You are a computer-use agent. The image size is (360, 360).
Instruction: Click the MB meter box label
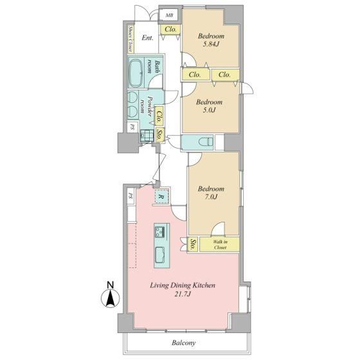tap(170, 15)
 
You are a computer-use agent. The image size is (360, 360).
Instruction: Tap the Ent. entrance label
tap(147, 38)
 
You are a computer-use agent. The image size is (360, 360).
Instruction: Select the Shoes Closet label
tap(130, 39)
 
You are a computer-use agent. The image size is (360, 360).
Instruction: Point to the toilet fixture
tap(206, 141)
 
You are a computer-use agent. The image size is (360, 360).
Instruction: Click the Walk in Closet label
tap(220, 244)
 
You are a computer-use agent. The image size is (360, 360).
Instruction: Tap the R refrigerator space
tap(161, 197)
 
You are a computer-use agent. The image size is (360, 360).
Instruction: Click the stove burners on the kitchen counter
tap(159, 231)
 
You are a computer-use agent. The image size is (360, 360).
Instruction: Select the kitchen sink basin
tap(160, 255)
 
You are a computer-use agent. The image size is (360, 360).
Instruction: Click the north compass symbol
tap(110, 296)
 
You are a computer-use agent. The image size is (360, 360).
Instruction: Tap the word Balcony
tap(184, 343)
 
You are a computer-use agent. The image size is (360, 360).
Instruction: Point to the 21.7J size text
tap(183, 294)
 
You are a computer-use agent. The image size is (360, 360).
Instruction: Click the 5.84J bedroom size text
tap(211, 44)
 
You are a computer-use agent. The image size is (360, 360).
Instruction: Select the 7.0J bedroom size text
tap(211, 197)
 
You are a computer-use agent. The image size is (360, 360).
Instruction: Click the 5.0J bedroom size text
tap(209, 110)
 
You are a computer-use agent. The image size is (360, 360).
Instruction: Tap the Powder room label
tap(147, 106)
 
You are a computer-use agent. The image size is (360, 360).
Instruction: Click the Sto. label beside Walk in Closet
tap(193, 244)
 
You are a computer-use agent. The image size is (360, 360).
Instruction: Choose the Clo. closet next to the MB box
tap(170, 30)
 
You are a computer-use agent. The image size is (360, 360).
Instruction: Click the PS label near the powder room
tap(132, 127)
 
